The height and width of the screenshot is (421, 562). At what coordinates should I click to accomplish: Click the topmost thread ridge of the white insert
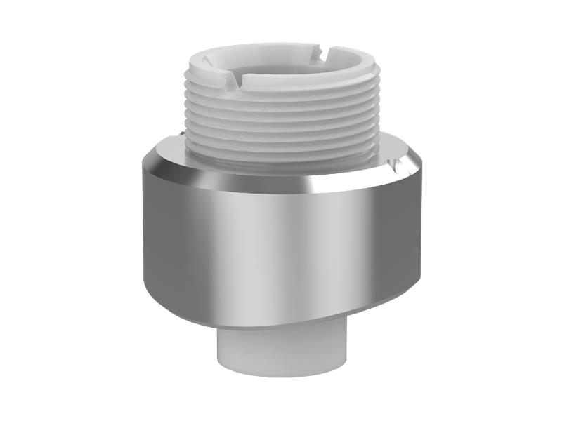tap(281, 95)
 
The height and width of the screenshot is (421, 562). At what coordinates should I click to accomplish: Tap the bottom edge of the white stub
tap(281, 375)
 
